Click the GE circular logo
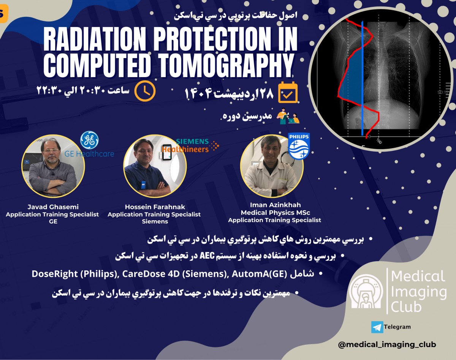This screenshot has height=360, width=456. (89, 140)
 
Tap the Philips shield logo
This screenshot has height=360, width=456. (299, 146)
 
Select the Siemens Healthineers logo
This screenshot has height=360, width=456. (190, 146)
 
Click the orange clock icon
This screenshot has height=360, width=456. (145, 91)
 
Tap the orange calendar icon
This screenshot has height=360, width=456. (288, 92)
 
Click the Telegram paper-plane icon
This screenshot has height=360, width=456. (377, 327)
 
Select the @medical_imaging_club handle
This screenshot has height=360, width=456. (387, 344)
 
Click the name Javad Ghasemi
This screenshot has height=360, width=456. (53, 207)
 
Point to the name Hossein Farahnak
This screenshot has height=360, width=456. (155, 207)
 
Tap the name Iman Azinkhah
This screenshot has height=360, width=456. (275, 205)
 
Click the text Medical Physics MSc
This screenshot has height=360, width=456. (275, 212)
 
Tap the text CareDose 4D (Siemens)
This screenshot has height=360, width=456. (174, 274)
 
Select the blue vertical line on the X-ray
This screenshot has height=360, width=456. (363, 78)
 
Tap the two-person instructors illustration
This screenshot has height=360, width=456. (288, 115)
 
